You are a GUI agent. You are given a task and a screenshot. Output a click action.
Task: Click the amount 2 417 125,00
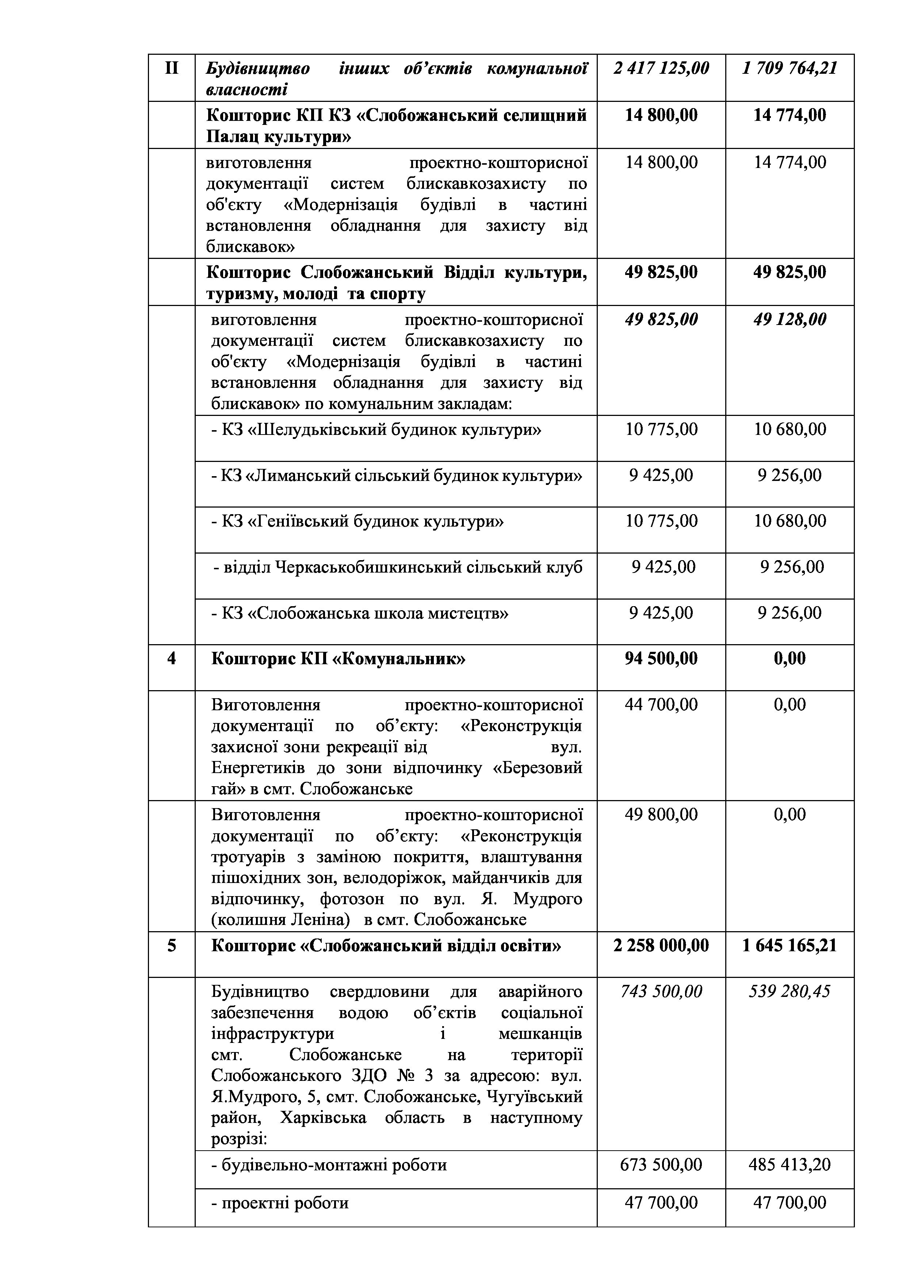click(661, 69)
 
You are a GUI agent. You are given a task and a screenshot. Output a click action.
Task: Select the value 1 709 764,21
click(790, 69)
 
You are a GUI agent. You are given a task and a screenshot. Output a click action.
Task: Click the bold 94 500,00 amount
click(661, 658)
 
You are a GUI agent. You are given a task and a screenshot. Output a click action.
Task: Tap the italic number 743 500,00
click(661, 991)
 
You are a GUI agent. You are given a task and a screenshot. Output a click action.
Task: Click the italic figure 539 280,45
click(790, 991)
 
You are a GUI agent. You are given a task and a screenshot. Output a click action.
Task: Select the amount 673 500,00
click(661, 1165)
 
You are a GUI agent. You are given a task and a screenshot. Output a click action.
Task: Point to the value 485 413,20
click(790, 1165)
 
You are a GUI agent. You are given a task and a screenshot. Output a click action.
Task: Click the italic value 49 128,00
click(790, 320)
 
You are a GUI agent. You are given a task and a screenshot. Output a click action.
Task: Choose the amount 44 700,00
click(661, 705)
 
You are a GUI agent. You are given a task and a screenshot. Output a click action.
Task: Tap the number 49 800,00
click(661, 815)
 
